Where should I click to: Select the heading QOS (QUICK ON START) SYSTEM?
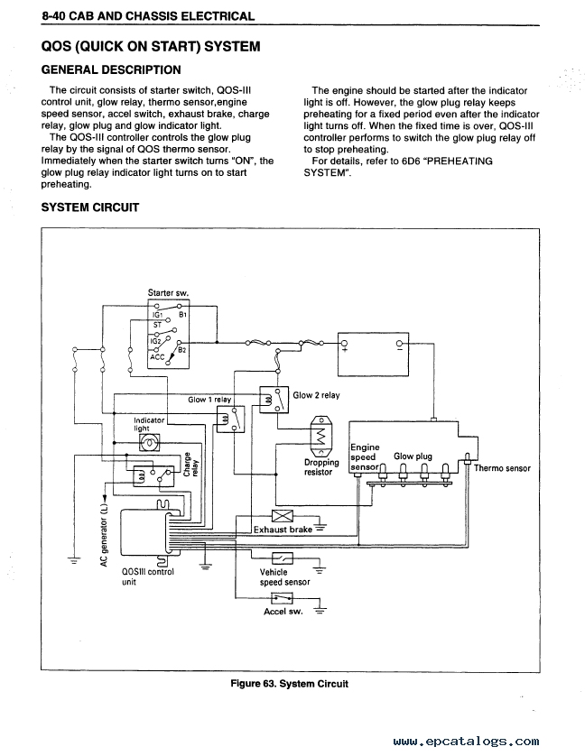151,46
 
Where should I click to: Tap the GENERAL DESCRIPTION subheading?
111,70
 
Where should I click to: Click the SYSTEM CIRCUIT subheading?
90,207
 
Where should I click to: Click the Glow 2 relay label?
316,395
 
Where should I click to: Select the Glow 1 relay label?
209,400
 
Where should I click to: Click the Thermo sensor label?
503,468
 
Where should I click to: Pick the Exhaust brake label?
283,530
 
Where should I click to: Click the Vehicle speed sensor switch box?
281,559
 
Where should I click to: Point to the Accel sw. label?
282,611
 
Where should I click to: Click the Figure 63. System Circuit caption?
289,684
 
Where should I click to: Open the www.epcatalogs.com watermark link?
467,742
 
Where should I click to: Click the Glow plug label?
413,456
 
